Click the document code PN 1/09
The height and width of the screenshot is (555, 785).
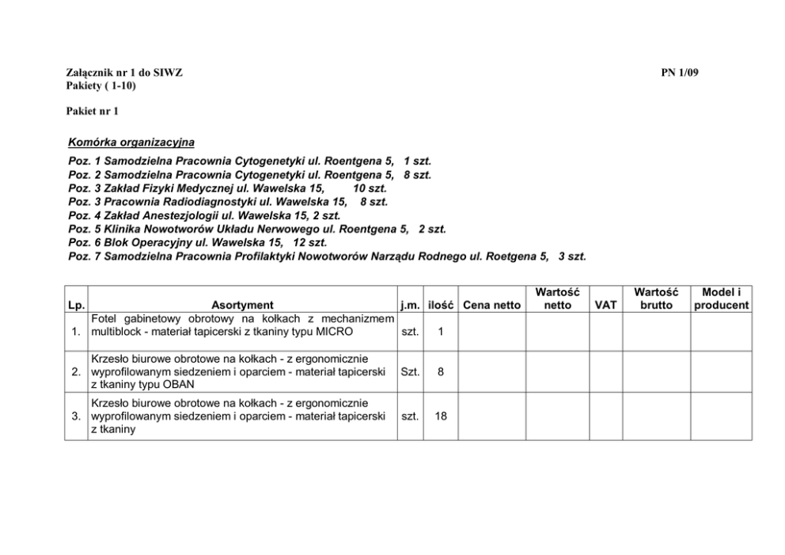(x=680, y=73)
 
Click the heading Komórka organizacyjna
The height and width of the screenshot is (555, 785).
(x=131, y=143)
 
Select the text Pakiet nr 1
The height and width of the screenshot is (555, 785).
(x=92, y=111)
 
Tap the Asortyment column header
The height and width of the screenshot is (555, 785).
(x=242, y=305)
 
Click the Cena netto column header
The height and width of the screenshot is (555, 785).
(x=491, y=305)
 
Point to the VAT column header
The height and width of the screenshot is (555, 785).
(x=605, y=305)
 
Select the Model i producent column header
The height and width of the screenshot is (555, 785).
(x=721, y=298)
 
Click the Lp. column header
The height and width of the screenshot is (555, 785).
(x=77, y=305)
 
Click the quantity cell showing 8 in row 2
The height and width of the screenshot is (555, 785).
(x=441, y=371)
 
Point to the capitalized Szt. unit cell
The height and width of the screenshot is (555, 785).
(x=410, y=371)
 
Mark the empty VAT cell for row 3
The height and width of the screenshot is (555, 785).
(x=605, y=416)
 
